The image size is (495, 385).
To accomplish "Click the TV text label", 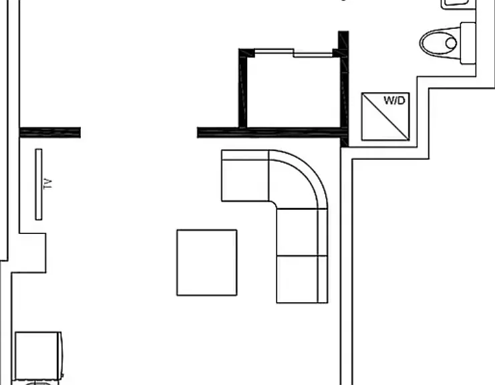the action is click(x=47, y=184).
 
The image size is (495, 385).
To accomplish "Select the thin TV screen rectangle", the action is click(x=39, y=184).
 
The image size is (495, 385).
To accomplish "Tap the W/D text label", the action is click(x=394, y=100).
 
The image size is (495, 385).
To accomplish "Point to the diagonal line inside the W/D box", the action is click(x=385, y=116).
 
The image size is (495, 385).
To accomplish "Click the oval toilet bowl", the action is click(x=440, y=43).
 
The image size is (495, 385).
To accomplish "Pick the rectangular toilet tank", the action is click(x=468, y=43).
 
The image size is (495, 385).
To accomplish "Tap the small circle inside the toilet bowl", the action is click(x=451, y=43).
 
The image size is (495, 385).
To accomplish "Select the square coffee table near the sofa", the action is click(x=207, y=263).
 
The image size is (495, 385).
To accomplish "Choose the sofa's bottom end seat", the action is click(x=302, y=279).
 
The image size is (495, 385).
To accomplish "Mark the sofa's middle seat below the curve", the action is click(x=302, y=232).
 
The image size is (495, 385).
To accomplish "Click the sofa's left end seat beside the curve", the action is click(x=245, y=176).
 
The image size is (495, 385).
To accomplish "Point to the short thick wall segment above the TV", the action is click(x=50, y=132).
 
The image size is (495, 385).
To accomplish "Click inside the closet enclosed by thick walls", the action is click(x=293, y=92).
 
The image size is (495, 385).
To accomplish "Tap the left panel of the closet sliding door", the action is click(x=274, y=51).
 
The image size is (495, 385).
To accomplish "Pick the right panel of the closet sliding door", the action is click(x=313, y=55).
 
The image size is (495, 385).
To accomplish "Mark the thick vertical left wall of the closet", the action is click(x=242, y=88).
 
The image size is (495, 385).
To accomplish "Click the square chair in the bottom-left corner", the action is click(x=38, y=356).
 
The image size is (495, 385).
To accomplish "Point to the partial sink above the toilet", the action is click(x=458, y=5).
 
